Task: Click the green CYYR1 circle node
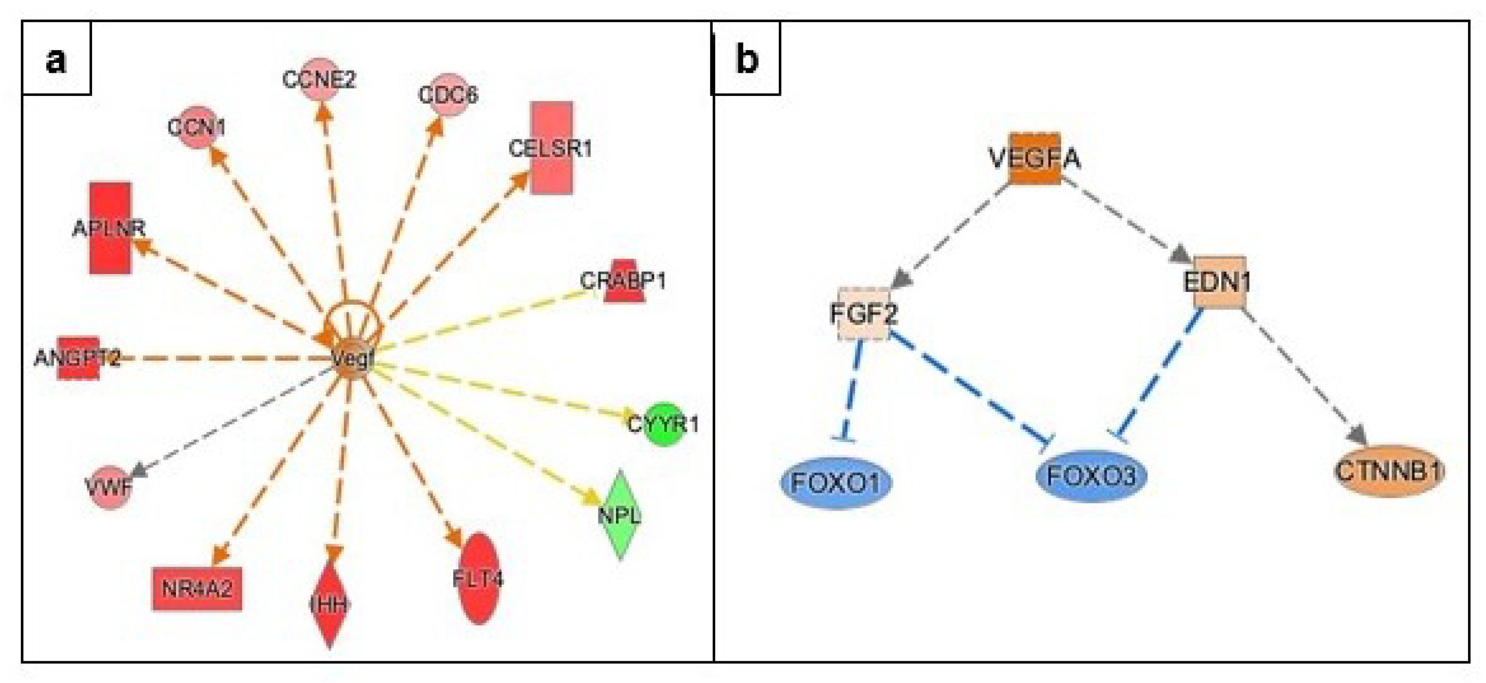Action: pyautogui.click(x=665, y=424)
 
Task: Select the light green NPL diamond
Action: pyautogui.click(x=620, y=514)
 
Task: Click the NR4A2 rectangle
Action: pyautogui.click(x=197, y=589)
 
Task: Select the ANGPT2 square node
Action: pyautogui.click(x=78, y=358)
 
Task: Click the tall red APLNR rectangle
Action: pyautogui.click(x=110, y=228)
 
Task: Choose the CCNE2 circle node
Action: pyautogui.click(x=319, y=79)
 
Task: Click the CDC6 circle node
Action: pyautogui.click(x=448, y=94)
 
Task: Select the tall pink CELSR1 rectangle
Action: pyautogui.click(x=551, y=148)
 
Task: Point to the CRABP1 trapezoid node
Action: pyautogui.click(x=624, y=282)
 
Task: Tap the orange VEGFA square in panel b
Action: pyautogui.click(x=1035, y=158)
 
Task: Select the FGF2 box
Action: pyautogui.click(x=863, y=314)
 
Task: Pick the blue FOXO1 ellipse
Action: pyautogui.click(x=836, y=482)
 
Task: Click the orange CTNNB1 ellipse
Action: pyautogui.click(x=1389, y=471)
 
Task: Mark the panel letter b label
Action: pyautogui.click(x=747, y=59)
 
